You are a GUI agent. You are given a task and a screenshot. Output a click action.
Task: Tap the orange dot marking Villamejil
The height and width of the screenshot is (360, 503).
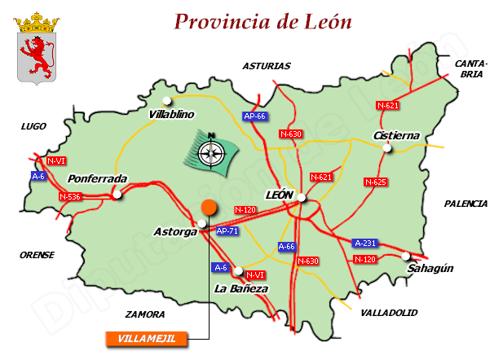(210, 207)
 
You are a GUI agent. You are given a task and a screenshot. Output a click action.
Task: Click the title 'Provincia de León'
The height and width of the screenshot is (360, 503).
(263, 22)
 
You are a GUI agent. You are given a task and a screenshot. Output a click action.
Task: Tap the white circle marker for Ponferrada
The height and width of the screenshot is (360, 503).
(117, 195)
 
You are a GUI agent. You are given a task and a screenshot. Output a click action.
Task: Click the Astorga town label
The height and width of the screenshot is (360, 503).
(175, 233)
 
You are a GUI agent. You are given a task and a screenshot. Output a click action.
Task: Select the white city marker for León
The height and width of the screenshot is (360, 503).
(302, 196)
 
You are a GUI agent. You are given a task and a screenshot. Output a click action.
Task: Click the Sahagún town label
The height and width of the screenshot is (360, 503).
(430, 268)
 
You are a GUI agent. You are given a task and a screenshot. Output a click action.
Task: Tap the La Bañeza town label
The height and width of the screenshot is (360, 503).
(240, 289)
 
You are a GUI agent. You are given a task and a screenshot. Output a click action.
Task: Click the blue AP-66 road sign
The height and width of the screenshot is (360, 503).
(255, 116)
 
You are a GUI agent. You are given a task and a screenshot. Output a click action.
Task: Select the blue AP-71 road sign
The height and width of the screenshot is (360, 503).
(228, 231)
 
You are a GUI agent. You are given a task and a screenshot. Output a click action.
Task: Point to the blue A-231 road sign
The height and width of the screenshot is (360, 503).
(366, 243)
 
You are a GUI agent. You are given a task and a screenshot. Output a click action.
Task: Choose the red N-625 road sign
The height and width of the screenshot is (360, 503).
(375, 182)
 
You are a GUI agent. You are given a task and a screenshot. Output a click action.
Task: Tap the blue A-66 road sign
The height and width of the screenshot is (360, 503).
(287, 246)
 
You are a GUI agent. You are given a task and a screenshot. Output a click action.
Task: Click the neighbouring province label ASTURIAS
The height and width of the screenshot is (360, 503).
(267, 66)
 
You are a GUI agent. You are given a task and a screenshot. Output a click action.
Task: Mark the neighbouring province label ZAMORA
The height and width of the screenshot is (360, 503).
(145, 314)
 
